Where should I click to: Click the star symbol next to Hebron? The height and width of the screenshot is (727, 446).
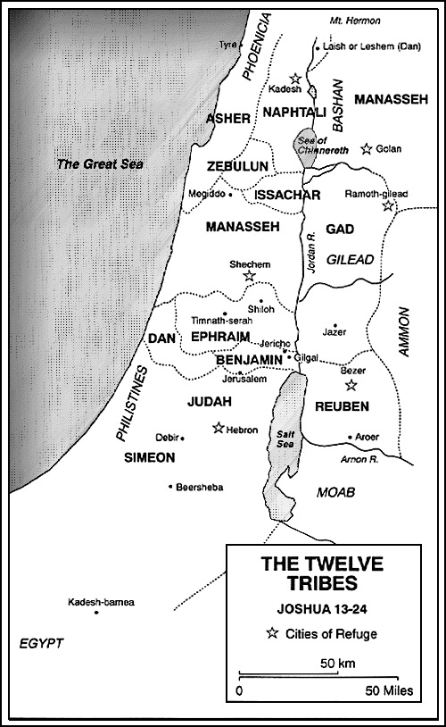point(218,428)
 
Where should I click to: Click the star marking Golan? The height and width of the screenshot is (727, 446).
point(366,148)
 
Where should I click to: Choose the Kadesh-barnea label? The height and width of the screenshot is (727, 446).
point(101,604)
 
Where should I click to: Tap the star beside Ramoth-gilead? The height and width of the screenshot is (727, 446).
point(388,206)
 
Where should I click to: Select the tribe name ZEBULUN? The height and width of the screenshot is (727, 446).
point(237,167)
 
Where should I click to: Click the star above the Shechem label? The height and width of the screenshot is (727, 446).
point(249,277)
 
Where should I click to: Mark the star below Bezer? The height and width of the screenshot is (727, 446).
point(351,385)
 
